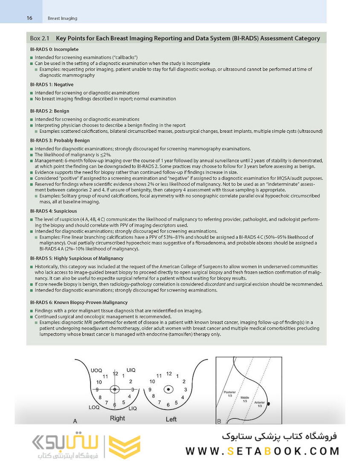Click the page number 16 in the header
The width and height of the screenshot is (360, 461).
pos(29,18)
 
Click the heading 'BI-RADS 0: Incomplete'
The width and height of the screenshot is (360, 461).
pos(54,49)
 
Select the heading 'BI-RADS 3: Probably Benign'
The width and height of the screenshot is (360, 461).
pos(60,140)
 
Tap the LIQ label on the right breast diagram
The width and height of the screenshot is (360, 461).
pos(132,408)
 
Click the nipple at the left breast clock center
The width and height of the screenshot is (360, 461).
pos(169,389)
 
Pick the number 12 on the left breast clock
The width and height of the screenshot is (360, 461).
pos(169,374)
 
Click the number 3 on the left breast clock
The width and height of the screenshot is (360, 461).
pos(185,389)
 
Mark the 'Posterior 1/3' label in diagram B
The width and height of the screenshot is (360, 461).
pos(229,394)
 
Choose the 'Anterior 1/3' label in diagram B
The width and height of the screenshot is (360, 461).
pos(259,404)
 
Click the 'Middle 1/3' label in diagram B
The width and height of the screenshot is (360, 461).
pos(245,400)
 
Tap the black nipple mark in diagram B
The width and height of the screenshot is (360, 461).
pos(268,403)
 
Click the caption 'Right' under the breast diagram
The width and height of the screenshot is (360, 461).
pos(117,418)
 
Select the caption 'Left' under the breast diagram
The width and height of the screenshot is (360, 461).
pos(171,419)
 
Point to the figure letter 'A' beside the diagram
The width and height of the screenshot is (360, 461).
pos(75,421)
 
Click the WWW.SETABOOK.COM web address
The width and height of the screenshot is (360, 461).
pos(262,451)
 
